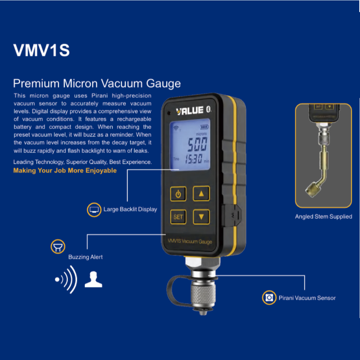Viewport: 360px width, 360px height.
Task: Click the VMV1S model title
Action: pos(41,50)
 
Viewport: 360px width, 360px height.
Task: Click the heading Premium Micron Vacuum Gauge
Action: pos(97,83)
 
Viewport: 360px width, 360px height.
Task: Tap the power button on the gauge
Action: pos(178,195)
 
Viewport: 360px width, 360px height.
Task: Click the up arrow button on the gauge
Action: pos(201,193)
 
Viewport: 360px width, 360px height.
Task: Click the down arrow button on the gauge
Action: pos(201,217)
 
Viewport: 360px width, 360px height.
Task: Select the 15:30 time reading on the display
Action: pos(193,159)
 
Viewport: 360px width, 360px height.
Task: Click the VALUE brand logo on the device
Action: pos(190,110)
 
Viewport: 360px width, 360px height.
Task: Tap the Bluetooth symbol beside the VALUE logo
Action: pos(209,110)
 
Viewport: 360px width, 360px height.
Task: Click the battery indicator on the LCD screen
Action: pos(204,127)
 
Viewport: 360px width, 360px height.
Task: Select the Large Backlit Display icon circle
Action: pos(94,209)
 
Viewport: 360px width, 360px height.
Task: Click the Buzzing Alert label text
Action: pos(85,257)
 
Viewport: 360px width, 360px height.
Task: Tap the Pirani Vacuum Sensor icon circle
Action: pos(269,298)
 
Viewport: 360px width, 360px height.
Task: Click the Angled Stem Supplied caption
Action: pos(323,217)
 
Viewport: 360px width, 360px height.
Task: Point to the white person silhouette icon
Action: pos(94,280)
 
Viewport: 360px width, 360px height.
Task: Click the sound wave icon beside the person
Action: pos(67,279)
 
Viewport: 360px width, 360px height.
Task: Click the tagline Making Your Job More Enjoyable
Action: pos(65,170)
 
